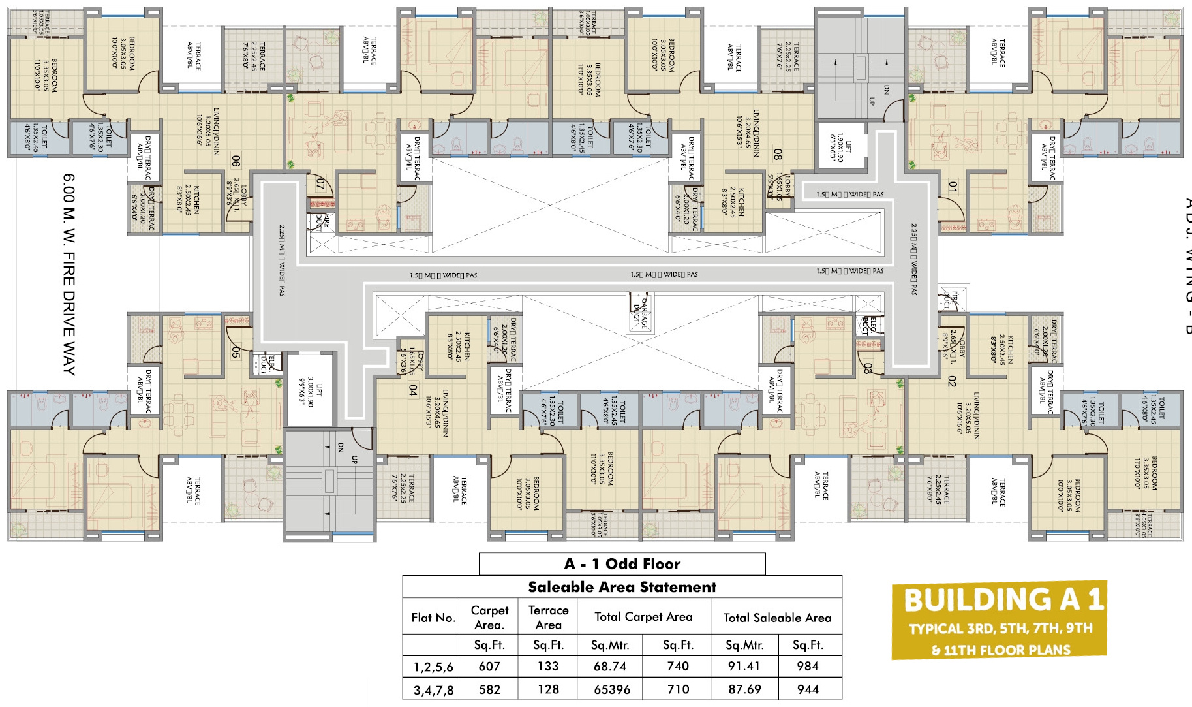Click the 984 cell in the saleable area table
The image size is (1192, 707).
pos(808,666)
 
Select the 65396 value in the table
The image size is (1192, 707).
pos(612,689)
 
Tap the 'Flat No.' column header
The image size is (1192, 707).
pos(433,618)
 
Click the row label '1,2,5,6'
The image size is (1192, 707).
pos(433,667)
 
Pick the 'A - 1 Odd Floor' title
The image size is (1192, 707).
pos(622,563)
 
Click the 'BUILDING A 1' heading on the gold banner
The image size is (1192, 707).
pos(1003,599)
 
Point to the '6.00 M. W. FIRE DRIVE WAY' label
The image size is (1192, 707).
pos(69,274)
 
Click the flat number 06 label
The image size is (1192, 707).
pos(236,161)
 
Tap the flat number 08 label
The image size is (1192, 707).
pos(777,154)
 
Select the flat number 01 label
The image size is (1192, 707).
pos(953,187)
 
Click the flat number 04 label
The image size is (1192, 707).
pos(412,390)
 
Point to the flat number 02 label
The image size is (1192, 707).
pos(952,381)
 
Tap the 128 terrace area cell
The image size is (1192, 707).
pos(548,689)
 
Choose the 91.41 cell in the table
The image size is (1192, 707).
pos(744,666)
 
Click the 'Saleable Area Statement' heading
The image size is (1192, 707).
pos(622,587)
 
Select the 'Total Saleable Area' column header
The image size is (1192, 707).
pos(777,618)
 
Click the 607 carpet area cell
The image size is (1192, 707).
pos(489,666)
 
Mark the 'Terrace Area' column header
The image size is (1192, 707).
pos(548,618)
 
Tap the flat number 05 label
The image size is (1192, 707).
pos(236,353)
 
